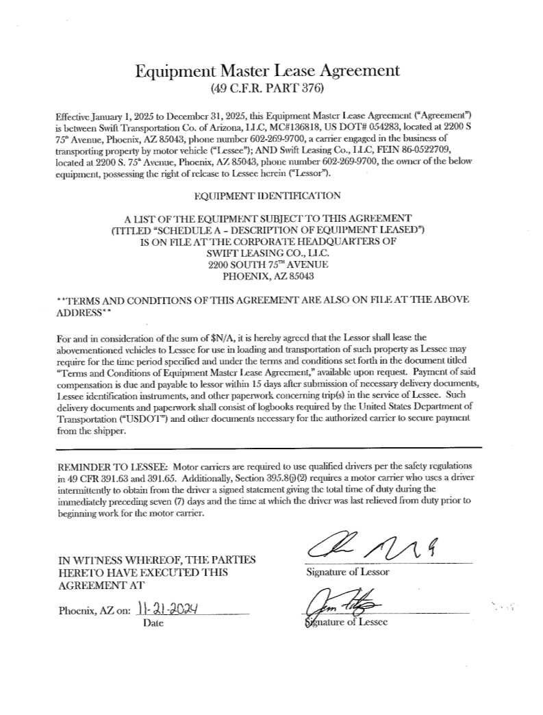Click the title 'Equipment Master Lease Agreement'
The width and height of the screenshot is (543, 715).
click(267, 71)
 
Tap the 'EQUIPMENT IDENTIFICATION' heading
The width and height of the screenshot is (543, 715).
click(267, 195)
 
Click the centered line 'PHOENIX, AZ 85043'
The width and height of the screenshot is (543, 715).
click(267, 277)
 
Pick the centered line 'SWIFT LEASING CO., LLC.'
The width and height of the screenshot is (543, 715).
click(267, 252)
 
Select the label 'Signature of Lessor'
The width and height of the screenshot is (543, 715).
click(346, 572)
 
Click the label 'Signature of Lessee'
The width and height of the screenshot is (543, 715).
click(346, 623)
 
